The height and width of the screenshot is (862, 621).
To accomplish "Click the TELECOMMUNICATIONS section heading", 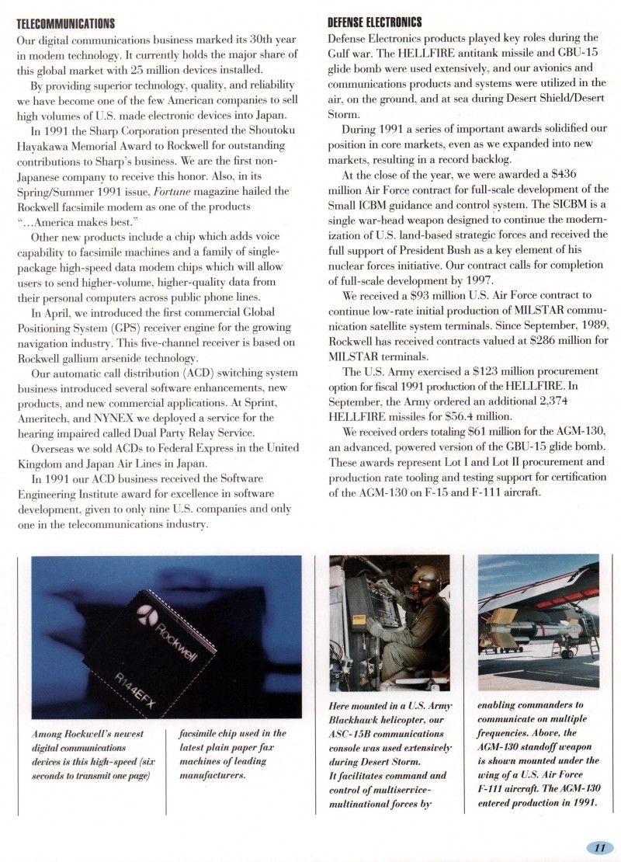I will coord(66,23).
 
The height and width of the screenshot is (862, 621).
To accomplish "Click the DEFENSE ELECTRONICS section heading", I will coord(375,23).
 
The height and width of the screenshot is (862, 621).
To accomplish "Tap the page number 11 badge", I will coord(599,847).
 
